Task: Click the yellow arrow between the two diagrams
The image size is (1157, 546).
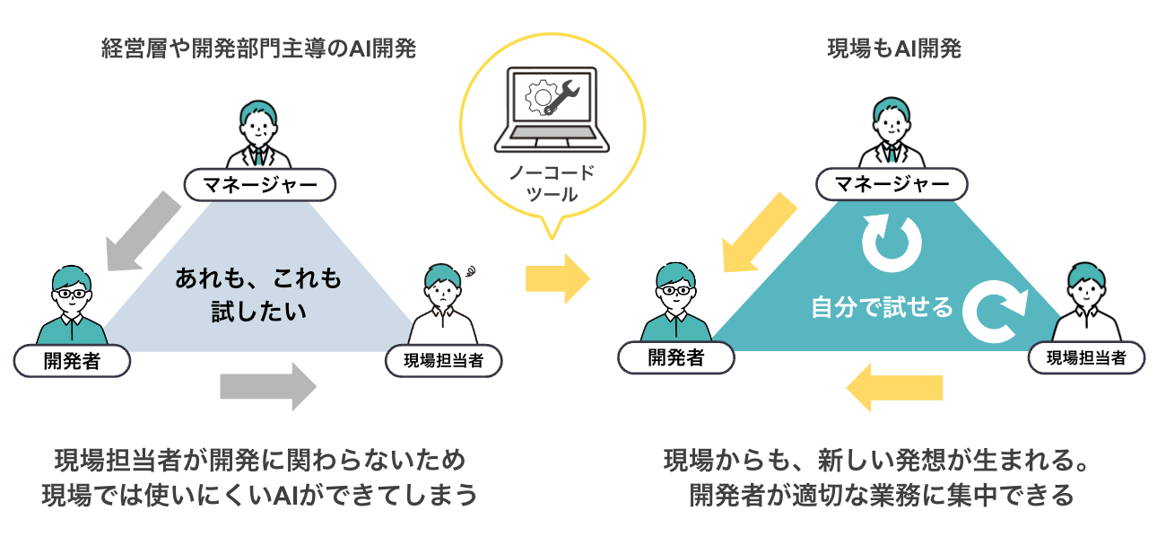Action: (x=558, y=278)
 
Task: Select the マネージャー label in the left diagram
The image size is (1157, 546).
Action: (x=259, y=185)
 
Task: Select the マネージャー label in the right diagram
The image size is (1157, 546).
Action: (x=892, y=185)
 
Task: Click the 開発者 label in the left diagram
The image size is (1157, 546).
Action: (x=73, y=361)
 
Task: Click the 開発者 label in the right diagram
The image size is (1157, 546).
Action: (x=676, y=358)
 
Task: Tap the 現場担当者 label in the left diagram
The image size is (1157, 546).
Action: (x=443, y=361)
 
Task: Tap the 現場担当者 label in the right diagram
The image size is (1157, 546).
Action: (x=1086, y=358)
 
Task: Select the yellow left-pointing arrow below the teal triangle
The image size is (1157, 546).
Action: (x=894, y=387)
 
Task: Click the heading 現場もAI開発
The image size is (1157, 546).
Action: (x=893, y=48)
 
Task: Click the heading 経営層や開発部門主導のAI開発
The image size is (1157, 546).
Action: (x=259, y=48)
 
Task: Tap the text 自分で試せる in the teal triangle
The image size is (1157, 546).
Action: (x=882, y=307)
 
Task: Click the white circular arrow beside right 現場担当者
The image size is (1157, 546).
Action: (x=994, y=309)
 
